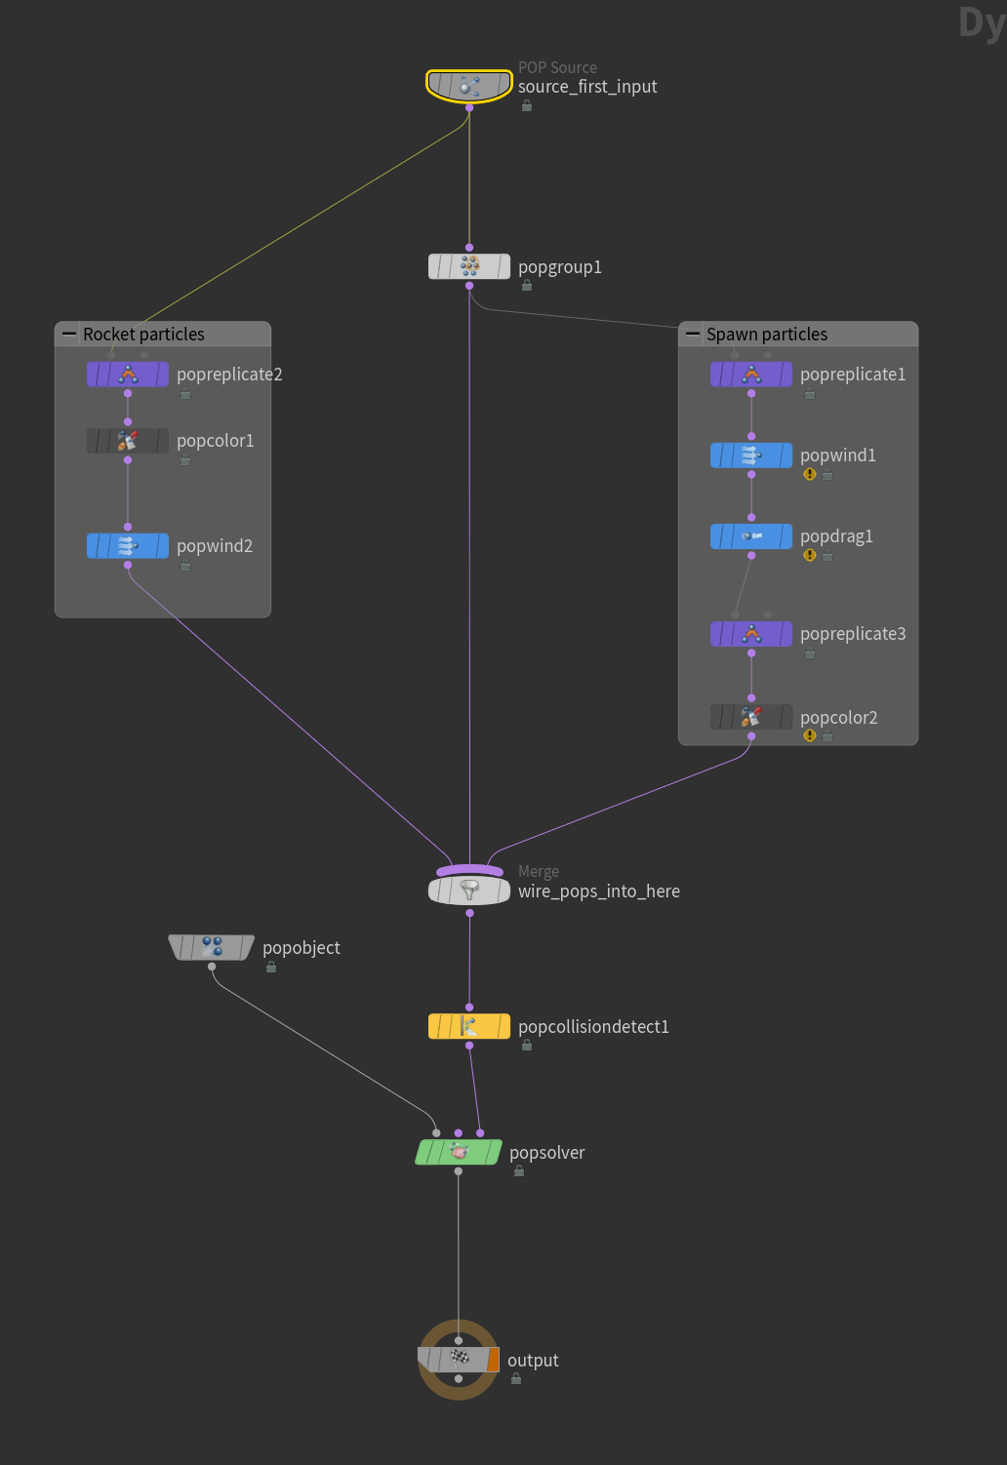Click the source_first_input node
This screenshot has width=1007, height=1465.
pos(469,86)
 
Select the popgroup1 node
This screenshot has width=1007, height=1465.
pos(469,266)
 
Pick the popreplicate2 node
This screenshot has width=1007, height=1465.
pos(128,375)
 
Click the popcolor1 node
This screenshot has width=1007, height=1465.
pos(128,441)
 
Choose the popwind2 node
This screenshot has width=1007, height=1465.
pos(128,546)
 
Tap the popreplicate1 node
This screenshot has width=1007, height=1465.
pos(751,375)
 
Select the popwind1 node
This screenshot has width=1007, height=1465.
pos(751,455)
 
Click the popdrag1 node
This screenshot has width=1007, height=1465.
pos(751,536)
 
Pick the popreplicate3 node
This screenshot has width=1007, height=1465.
pos(751,634)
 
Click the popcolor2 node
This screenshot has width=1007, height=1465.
pos(751,718)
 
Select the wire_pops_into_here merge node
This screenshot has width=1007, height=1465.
pos(469,890)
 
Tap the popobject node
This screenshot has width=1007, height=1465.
pos(212,947)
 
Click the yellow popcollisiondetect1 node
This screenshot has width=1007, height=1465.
pos(469,1026)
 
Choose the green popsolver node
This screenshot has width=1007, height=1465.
pos(459,1152)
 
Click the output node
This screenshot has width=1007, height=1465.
pos(459,1360)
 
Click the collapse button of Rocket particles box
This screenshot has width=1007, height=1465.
pos(69,334)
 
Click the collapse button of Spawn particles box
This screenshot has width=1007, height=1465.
pos(693,334)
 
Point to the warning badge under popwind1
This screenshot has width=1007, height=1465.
pos(810,475)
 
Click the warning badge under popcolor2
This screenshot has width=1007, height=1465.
pos(810,736)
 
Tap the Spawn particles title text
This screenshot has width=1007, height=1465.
pos(767,335)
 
